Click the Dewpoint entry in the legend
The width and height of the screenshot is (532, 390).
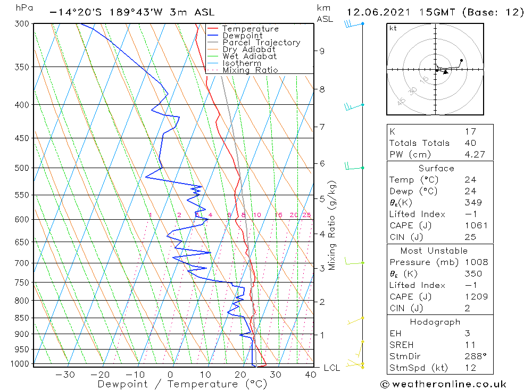[242, 36]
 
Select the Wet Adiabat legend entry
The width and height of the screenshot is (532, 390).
[249, 56]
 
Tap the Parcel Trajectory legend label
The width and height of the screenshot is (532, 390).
[261, 43]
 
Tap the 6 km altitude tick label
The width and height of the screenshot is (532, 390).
[322, 163]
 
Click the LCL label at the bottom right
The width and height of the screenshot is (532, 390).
[332, 368]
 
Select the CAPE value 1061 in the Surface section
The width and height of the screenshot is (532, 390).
[475, 226]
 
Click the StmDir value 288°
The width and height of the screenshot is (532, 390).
[475, 356]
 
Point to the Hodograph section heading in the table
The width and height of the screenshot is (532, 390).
[435, 322]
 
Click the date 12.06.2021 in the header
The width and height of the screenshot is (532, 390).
[376, 12]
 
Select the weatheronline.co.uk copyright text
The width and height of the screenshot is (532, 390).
[443, 384]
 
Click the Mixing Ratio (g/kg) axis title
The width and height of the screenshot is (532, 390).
[332, 226]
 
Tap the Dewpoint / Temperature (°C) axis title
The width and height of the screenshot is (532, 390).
[174, 384]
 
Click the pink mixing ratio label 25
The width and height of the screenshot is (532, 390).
[306, 215]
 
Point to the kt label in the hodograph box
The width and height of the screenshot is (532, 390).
[393, 28]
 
